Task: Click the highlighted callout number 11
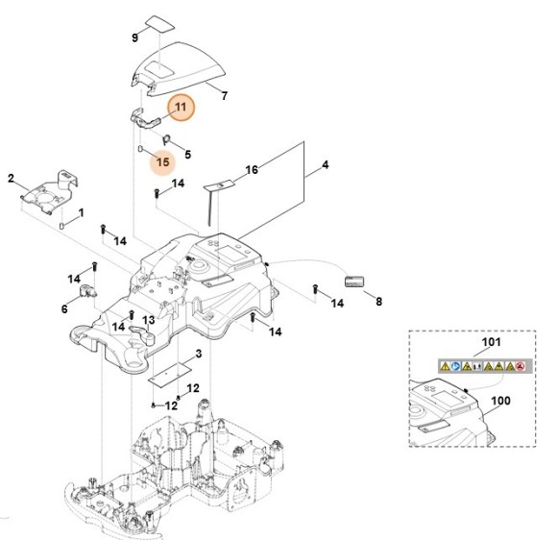pos(181,108)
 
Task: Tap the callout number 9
pos(134,37)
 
